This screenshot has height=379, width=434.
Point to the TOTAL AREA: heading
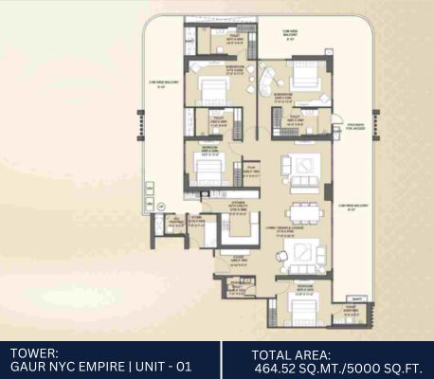pos(287,352)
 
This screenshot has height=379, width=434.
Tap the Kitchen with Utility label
pos(239,206)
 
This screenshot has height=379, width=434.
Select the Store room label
pos(199,226)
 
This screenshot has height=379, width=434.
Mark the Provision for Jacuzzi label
pos(355,128)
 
